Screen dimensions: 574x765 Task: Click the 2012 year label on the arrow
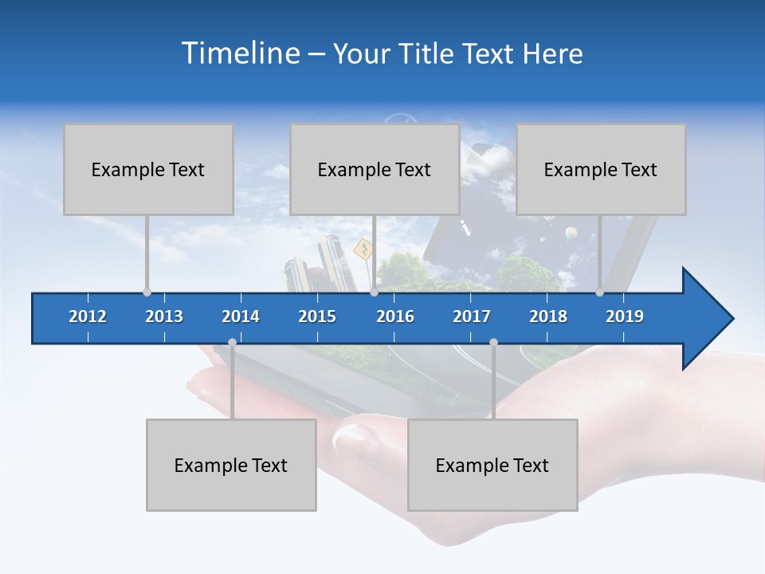point(88,316)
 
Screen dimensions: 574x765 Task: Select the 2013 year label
point(164,316)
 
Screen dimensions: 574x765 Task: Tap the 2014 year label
point(241,316)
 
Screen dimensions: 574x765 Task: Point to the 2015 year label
point(317,316)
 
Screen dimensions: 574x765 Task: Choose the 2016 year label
point(395,316)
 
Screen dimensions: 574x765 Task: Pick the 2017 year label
point(472,316)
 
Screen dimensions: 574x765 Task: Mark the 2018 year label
point(548,316)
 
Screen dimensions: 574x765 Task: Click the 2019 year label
point(625,316)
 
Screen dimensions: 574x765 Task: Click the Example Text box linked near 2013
point(148,169)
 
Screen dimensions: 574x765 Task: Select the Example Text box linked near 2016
point(375,169)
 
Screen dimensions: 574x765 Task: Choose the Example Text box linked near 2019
point(601,169)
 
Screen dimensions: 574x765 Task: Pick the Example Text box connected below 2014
point(231,465)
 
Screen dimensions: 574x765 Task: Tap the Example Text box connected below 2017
point(492,465)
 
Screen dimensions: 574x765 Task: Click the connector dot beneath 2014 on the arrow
point(232,343)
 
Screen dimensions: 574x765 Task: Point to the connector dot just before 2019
point(600,293)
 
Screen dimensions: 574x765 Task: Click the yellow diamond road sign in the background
point(363,250)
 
